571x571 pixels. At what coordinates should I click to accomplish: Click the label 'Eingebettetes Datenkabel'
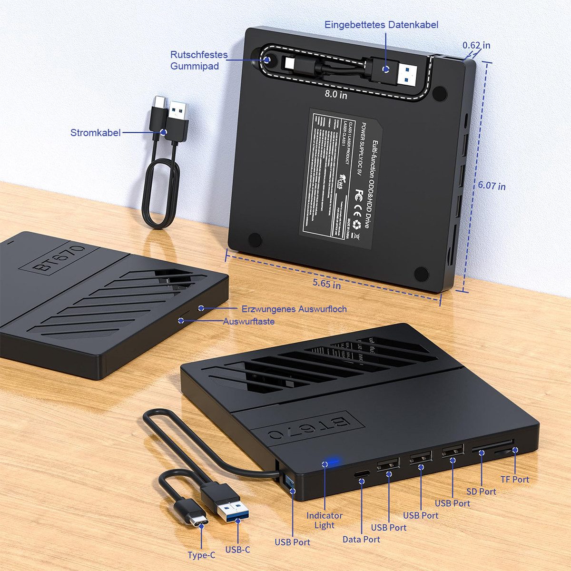[381, 25]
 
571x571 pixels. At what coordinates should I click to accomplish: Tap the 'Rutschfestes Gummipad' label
[199, 60]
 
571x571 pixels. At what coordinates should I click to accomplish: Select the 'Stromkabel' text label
[95, 133]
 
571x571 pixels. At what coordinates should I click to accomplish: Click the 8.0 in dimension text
[336, 95]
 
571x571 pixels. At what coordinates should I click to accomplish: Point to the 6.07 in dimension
[492, 186]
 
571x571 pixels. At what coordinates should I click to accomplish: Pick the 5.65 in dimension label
[326, 285]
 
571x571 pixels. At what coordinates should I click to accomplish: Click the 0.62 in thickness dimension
[476, 46]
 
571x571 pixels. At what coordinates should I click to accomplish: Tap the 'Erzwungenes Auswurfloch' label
[294, 309]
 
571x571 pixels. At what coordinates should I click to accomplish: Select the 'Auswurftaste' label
[249, 322]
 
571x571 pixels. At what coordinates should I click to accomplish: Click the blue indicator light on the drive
[326, 463]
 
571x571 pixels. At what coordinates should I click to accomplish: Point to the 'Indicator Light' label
[325, 520]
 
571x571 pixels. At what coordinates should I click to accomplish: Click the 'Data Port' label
[361, 539]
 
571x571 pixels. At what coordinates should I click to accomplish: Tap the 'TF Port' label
[514, 480]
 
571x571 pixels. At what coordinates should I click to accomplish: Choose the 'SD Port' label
[481, 492]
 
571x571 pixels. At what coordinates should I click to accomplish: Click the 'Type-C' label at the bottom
[201, 555]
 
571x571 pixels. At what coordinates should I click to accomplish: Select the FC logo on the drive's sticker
[360, 194]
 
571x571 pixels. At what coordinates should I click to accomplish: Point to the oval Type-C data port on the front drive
[362, 474]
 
